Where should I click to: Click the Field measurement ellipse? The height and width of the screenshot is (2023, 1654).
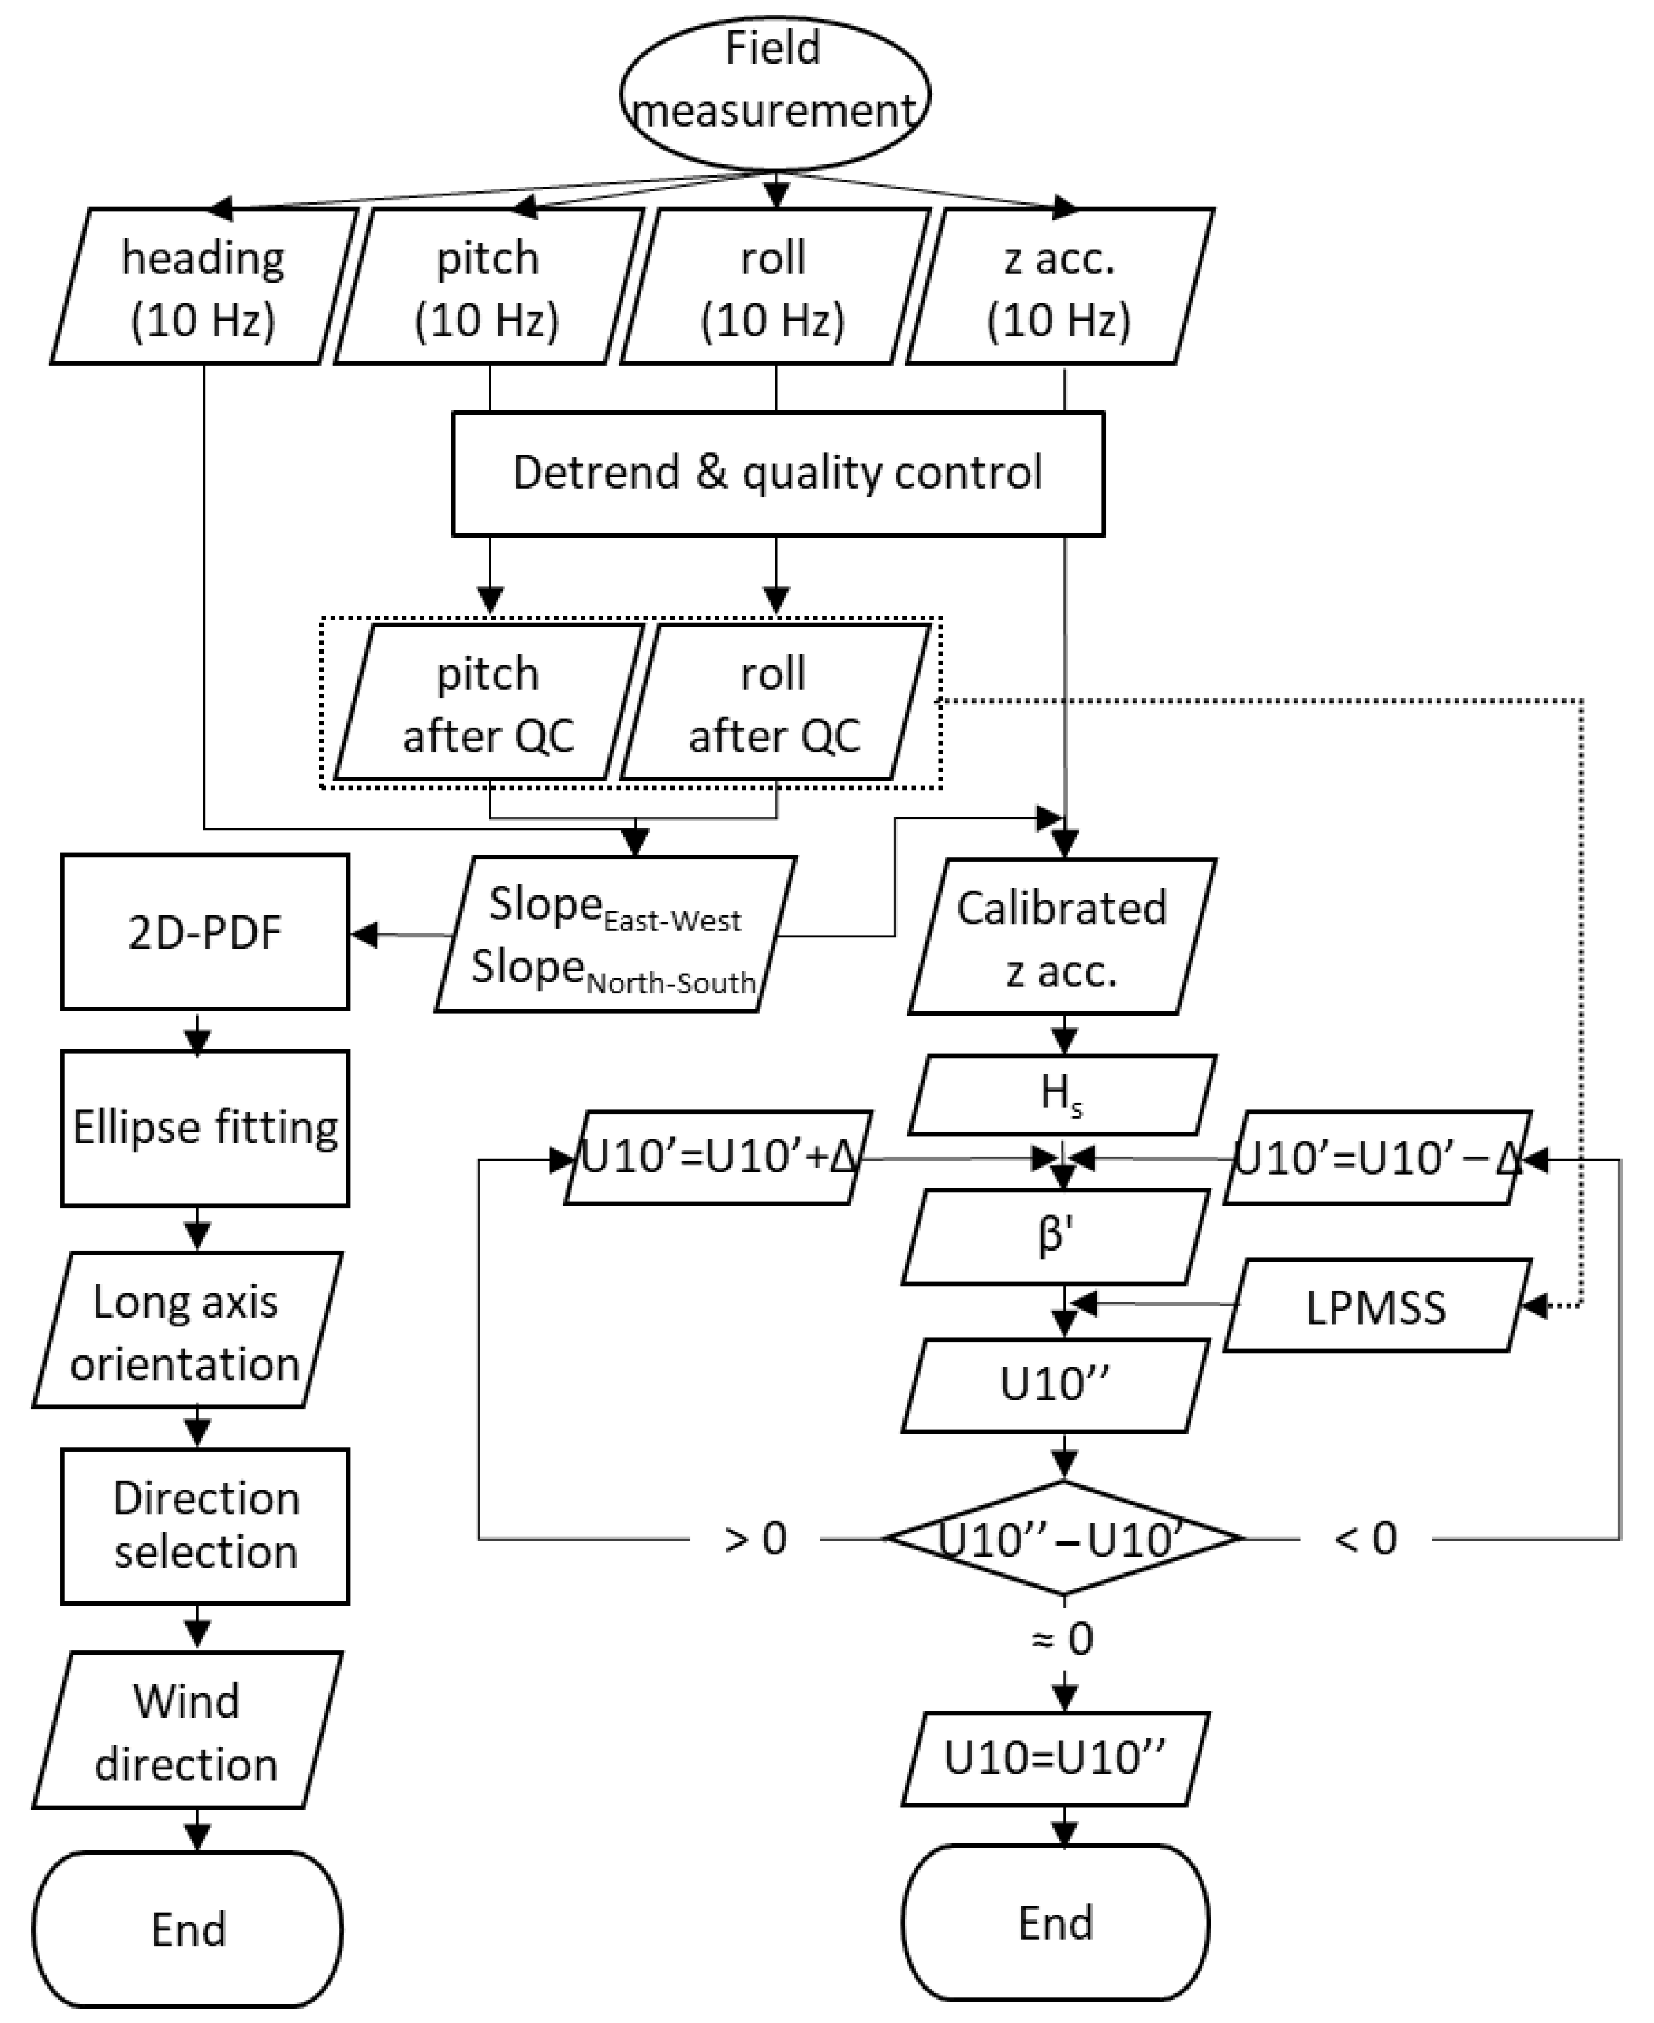pos(775,93)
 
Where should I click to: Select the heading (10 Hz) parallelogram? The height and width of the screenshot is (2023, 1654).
pos(203,287)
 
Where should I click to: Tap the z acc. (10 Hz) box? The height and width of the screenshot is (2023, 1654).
pos(1059,287)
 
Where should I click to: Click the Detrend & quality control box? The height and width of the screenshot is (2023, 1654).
pos(778,473)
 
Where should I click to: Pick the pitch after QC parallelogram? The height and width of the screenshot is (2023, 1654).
pos(489,703)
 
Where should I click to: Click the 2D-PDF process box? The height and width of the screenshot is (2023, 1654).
pos(205,932)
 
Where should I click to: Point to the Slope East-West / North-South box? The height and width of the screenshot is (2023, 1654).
pos(614,935)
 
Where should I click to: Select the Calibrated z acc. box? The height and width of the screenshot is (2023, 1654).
pos(1062,937)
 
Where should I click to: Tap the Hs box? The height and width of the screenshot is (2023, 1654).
pos(1062,1095)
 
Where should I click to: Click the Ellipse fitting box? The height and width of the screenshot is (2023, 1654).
pos(205,1128)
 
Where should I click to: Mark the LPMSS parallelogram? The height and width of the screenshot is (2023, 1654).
pos(1376,1306)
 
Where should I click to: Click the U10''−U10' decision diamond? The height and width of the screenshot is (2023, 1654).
pos(1063,1538)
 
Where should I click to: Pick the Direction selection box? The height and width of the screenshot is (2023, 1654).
pos(205,1526)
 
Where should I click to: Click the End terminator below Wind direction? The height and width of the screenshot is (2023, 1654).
pos(188,1929)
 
